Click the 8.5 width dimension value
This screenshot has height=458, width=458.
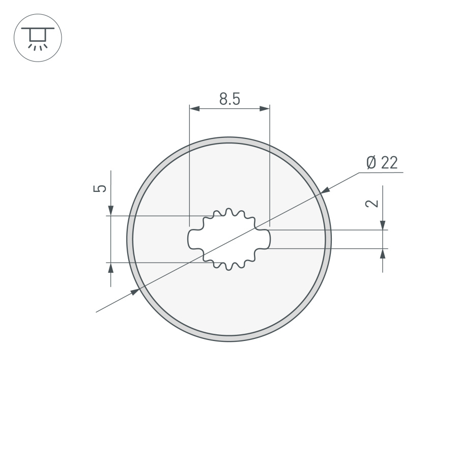[229, 99]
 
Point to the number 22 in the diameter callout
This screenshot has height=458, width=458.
[388, 163]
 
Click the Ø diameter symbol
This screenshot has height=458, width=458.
[371, 163]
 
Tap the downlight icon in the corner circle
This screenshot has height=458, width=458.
[38, 38]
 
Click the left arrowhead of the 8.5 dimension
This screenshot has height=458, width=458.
[194, 108]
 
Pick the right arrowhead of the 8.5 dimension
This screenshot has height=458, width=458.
[265, 108]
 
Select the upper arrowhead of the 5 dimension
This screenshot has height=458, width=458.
[111, 210]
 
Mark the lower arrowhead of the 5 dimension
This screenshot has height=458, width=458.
[111, 268]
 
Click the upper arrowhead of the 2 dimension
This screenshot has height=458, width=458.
[383, 225]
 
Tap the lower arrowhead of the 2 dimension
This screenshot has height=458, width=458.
[383, 253]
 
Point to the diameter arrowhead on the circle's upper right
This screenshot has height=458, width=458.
[326, 190]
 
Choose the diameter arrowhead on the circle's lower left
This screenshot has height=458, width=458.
[134, 292]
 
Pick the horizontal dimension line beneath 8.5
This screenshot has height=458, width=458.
[229, 108]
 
